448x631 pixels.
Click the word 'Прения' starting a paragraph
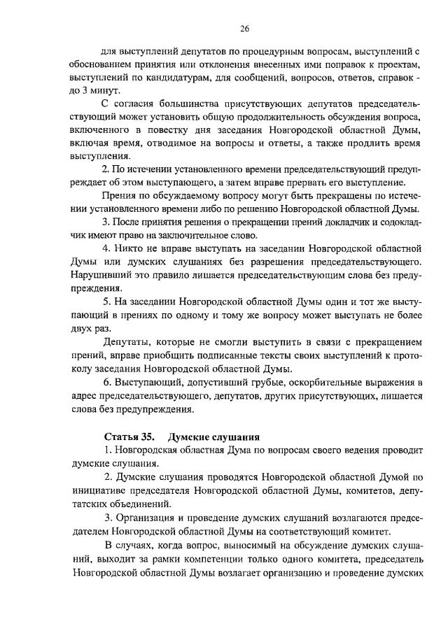point(119,196)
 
